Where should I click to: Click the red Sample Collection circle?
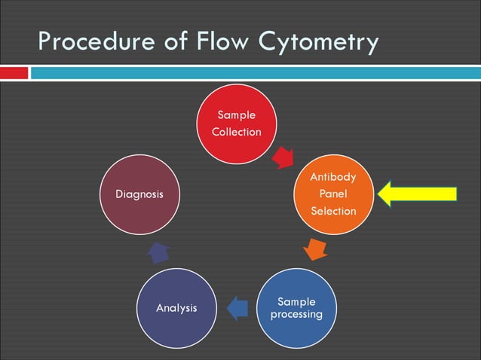coord(236,124)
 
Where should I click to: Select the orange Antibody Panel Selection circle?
coord(333,194)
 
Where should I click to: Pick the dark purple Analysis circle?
coord(176,307)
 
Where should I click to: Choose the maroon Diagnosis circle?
coord(139,194)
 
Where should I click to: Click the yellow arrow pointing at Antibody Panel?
coord(418,194)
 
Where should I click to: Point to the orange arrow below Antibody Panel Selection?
coord(316,249)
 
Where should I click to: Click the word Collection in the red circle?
coord(236,132)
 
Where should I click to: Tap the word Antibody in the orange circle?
coord(333,178)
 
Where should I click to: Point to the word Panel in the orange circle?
coord(333,194)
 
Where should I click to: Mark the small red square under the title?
coord(15,73)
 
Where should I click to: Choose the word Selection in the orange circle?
coord(333,211)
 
